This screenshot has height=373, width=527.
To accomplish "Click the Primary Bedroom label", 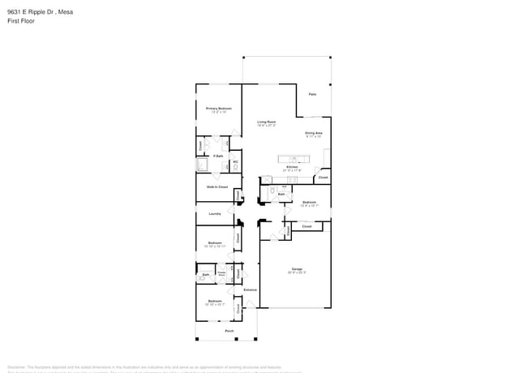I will pos(219,108).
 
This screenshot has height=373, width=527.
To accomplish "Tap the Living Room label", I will pos(267,122).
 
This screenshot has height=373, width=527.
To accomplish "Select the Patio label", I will pos(312,94).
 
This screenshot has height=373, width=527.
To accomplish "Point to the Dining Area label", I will pos(314,132).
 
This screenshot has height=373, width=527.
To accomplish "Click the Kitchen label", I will pos(291,167).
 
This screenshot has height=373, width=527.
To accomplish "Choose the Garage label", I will pos(297,268).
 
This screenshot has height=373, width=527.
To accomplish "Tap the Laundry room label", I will pos(215,214).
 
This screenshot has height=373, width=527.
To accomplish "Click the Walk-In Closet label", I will pos(216,187).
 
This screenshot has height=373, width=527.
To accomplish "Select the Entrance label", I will pos(251,289).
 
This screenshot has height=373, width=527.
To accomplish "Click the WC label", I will pos(235,161).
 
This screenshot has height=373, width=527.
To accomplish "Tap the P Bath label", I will pos(218,156).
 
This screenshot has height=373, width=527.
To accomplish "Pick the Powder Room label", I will pos(221,274).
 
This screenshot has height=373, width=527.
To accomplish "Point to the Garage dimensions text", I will pos(297,272).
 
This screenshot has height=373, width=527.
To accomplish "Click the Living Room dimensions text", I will pos(267,126).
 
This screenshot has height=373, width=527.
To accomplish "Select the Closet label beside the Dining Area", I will pos(323,177).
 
